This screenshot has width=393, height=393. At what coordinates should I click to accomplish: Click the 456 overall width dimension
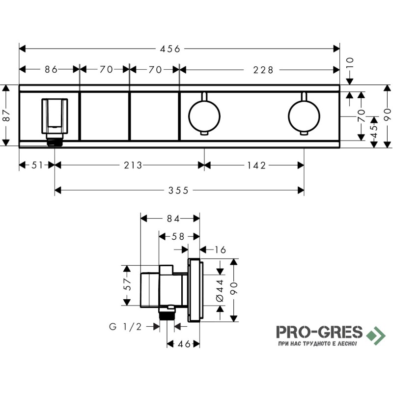point(170,49)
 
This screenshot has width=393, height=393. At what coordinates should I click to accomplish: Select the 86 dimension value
point(51,69)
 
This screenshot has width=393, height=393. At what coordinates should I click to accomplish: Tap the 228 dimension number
point(263,70)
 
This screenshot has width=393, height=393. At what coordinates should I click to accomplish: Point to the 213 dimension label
point(133,165)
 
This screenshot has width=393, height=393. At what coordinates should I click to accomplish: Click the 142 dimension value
point(256,166)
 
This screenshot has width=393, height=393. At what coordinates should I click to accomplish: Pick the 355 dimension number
point(178,191)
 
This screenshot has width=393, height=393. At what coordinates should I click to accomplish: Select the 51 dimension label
point(37,165)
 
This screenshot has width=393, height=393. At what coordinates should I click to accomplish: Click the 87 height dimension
point(7,115)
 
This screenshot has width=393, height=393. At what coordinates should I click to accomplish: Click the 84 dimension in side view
point(173,219)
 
